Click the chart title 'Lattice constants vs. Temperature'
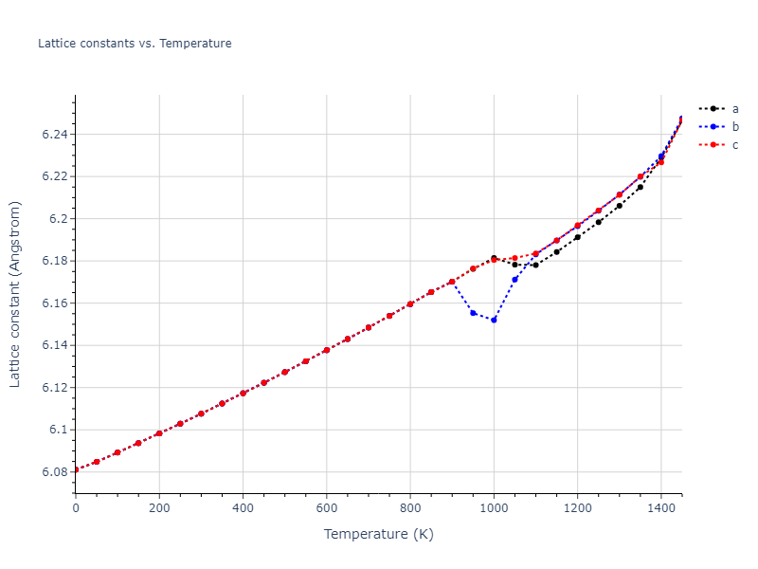pyautogui.click(x=135, y=44)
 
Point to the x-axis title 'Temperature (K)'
pyautogui.click(x=378, y=535)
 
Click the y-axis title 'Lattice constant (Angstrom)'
pyautogui.click(x=15, y=294)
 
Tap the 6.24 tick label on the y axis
pyautogui.click(x=55, y=135)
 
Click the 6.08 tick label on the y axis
pyautogui.click(x=55, y=472)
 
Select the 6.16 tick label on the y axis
pyautogui.click(x=55, y=303)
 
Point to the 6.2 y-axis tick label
pyautogui.click(x=59, y=219)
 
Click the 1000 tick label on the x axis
pyautogui.click(x=494, y=508)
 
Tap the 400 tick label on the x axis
pyautogui.click(x=243, y=508)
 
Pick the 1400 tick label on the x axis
pyautogui.click(x=660, y=508)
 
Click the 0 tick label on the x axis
pyautogui.click(x=76, y=508)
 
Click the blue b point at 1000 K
pyautogui.click(x=494, y=320)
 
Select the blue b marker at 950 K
pyautogui.click(x=473, y=313)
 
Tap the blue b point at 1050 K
pyautogui.click(x=514, y=280)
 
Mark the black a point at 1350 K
pyautogui.click(x=640, y=187)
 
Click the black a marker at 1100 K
pyautogui.click(x=535, y=265)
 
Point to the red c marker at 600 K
pyautogui.click(x=327, y=350)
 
